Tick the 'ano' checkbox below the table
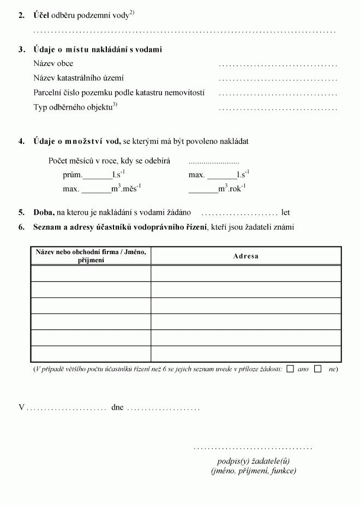point(290,369)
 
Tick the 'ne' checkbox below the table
point(318,369)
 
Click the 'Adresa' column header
point(246,256)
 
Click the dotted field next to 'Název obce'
point(278,64)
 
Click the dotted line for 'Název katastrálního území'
point(278,79)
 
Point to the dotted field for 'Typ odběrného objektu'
point(278,109)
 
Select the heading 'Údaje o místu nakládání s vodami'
point(98,50)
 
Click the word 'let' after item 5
point(285,213)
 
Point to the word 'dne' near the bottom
point(117,407)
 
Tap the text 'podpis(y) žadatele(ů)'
point(253,461)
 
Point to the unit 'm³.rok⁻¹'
point(232,189)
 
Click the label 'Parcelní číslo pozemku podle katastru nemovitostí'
point(118,93)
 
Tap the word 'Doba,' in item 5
point(44,213)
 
